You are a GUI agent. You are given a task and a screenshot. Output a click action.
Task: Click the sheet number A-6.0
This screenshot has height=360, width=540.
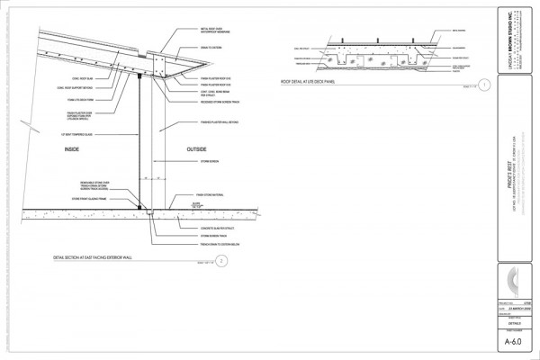513,341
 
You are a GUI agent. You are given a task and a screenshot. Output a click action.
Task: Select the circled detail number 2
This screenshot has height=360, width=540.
220,261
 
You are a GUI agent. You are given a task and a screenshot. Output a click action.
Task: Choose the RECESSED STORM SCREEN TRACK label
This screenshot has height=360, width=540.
220,102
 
